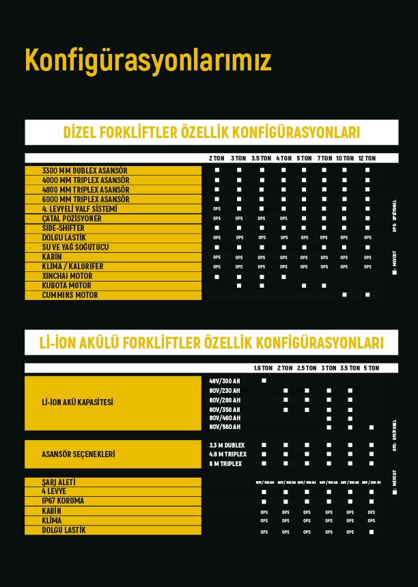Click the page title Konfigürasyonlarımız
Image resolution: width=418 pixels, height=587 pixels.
click(x=148, y=60)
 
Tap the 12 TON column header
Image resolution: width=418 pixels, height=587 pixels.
click(x=367, y=159)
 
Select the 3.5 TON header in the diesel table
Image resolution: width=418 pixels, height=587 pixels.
click(x=261, y=159)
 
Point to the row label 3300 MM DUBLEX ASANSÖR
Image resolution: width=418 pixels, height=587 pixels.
click(x=85, y=171)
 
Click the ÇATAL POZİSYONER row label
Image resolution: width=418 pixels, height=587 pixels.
click(x=72, y=219)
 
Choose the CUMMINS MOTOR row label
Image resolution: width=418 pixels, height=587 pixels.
click(x=70, y=295)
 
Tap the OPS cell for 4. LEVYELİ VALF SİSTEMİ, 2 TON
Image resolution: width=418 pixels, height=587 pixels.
click(x=217, y=208)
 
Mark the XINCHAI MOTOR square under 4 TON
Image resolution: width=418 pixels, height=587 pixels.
click(x=283, y=277)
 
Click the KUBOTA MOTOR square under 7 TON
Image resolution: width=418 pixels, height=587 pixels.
click(x=324, y=286)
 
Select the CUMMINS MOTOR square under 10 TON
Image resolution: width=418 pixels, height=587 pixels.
click(x=344, y=295)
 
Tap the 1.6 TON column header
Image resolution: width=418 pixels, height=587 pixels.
click(x=263, y=368)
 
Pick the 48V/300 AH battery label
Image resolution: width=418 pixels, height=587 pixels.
click(x=225, y=381)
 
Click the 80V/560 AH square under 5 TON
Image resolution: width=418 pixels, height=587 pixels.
click(x=372, y=427)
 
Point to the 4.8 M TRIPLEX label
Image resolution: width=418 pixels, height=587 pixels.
click(x=227, y=454)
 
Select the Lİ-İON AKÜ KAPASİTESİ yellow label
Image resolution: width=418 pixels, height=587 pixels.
click(x=77, y=402)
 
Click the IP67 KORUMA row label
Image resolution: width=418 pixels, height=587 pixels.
click(x=63, y=502)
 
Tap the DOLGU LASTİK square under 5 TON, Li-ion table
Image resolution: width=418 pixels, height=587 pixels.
click(x=372, y=531)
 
